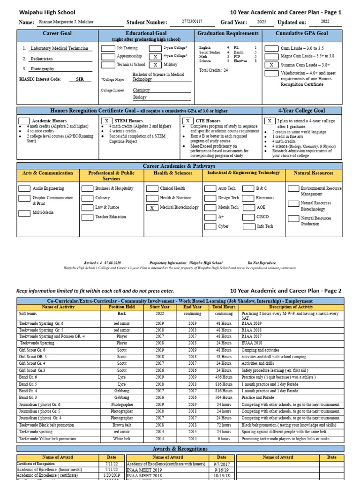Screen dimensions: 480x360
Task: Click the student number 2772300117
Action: tap(192, 22)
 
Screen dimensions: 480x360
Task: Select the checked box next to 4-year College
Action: tap(156, 56)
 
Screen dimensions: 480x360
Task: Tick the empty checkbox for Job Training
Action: tap(108, 48)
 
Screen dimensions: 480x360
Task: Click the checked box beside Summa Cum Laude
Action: tap(271, 65)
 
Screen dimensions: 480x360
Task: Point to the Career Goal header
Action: tap(57, 34)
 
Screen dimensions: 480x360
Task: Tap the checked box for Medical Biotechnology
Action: tap(152, 208)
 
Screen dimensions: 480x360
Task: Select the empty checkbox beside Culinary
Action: tap(87, 198)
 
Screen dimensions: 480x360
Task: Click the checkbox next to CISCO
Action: tap(248, 217)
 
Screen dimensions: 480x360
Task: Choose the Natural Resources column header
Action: tap(314, 173)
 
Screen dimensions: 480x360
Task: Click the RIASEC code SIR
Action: tap(80, 80)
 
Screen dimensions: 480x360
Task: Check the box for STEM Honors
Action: tap(107, 121)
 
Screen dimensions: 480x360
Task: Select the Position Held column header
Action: tap(122, 307)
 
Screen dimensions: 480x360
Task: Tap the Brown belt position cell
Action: tap(122, 424)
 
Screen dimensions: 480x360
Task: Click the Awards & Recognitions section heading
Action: tap(180, 449)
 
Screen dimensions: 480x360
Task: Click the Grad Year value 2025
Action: tap(262, 22)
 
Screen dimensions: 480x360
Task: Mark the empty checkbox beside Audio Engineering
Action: tap(24, 189)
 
